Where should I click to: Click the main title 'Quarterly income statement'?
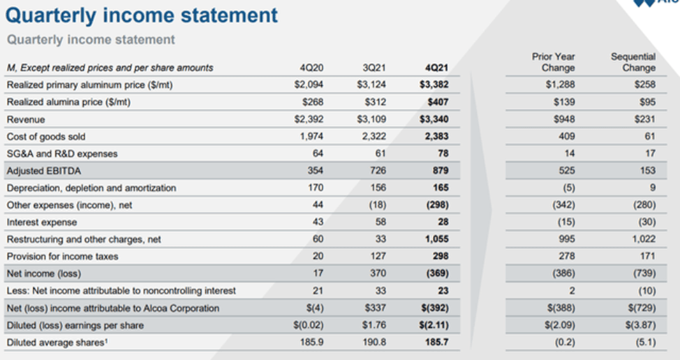(142, 15)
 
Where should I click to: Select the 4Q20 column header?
(311, 68)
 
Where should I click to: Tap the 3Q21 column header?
(374, 68)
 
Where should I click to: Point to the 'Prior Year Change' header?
(558, 62)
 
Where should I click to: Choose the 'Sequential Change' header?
(633, 62)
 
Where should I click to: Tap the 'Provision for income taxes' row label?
(62, 256)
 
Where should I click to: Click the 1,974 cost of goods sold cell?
(311, 137)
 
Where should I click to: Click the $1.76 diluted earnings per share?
(375, 325)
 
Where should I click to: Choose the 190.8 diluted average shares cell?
(375, 343)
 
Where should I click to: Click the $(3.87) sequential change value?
(640, 325)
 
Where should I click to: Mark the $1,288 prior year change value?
(561, 85)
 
